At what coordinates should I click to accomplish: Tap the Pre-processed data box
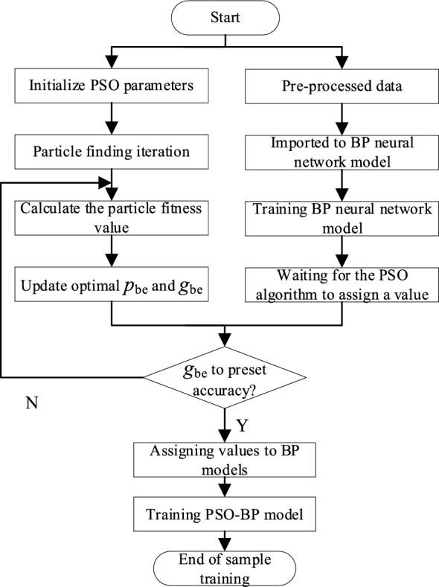342,86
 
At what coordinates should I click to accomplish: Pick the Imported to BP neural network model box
342,153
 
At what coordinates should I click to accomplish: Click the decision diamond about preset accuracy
223,376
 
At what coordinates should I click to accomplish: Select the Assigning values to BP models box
223,461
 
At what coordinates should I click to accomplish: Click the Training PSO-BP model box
223,513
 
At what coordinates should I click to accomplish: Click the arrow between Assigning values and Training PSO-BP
223,487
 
